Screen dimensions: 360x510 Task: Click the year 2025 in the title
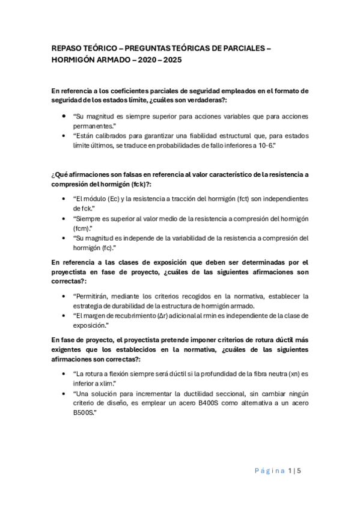click(x=170, y=61)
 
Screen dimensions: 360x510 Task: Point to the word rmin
click(x=214, y=315)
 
